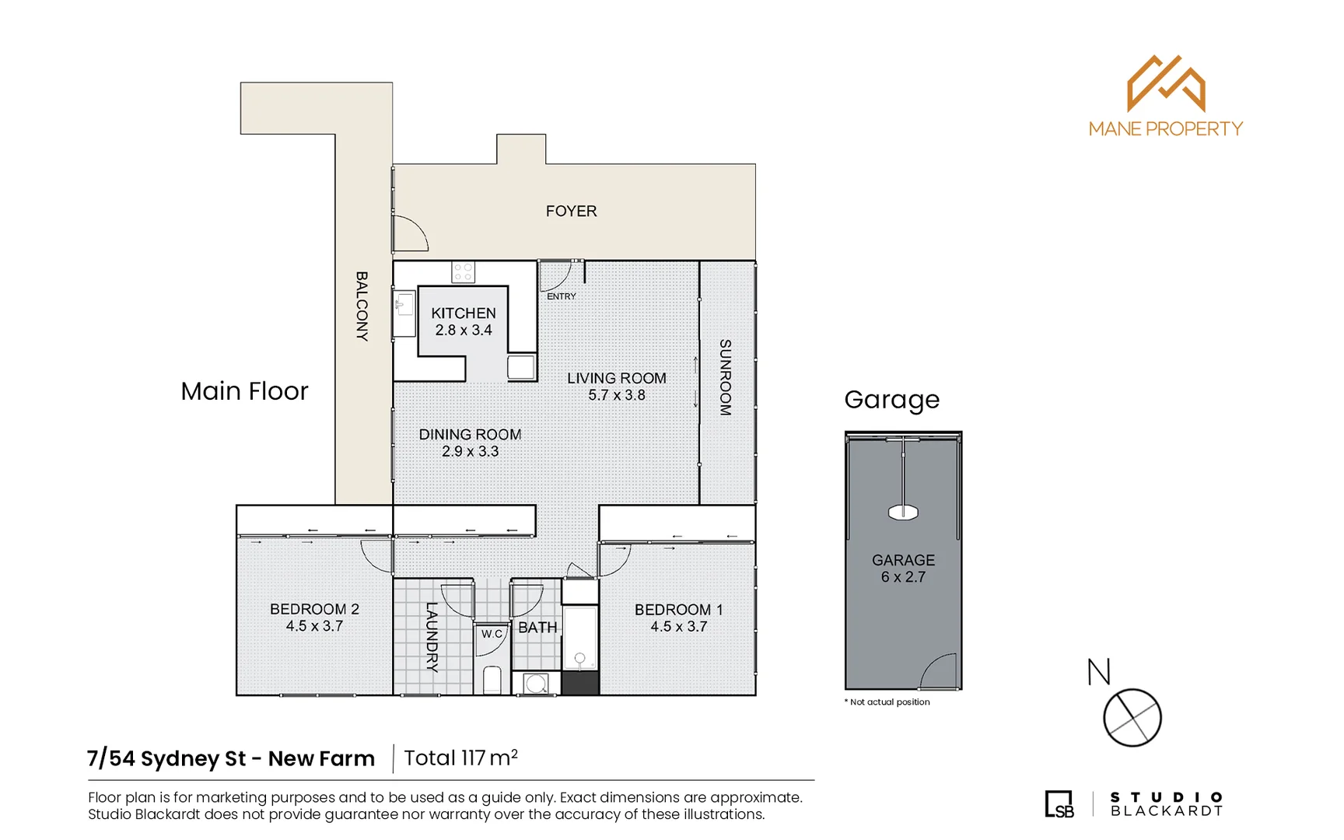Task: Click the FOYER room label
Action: [x=571, y=211]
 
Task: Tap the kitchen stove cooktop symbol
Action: [x=463, y=272]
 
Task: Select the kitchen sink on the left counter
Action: [x=404, y=305]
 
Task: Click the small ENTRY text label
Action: [x=561, y=296]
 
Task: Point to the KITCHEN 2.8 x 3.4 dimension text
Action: [x=463, y=331]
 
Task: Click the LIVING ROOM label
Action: [x=616, y=378]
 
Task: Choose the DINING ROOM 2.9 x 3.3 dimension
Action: [x=470, y=452]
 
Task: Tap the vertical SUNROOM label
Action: [x=725, y=377]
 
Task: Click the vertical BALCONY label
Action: [x=362, y=306]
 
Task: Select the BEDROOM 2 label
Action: [x=314, y=609]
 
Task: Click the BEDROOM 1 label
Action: [x=678, y=610]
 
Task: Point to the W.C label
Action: [x=492, y=634]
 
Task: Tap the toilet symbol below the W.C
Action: [x=492, y=680]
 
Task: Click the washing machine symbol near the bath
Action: [x=535, y=684]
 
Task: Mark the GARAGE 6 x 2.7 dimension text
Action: [x=903, y=577]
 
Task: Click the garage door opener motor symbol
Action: [x=903, y=512]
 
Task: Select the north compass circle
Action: [x=1132, y=717]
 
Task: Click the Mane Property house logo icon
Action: [x=1165, y=83]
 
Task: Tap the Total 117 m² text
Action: [x=460, y=758]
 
